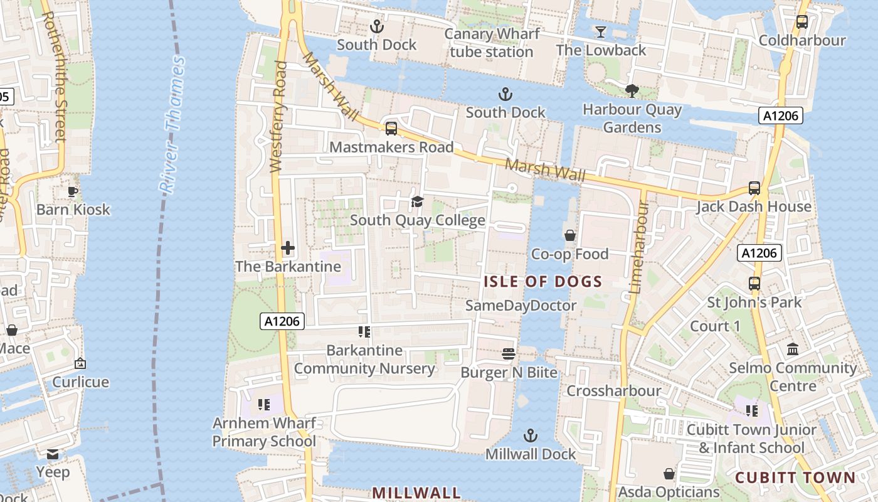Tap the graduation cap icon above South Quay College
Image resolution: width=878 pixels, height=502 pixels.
[x=417, y=201]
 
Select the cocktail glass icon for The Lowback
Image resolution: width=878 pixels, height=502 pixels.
[x=601, y=31]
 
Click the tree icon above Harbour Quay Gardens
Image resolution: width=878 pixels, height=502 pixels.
[x=632, y=91]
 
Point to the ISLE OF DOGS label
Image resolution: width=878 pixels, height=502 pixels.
[x=542, y=282]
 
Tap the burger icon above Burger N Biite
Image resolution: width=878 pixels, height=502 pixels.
[x=509, y=354]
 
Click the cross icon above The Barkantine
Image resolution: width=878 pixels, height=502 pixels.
[x=288, y=248]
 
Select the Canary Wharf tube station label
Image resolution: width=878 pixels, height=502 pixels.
[x=492, y=43]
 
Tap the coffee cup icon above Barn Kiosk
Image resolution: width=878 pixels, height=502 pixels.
[x=73, y=191]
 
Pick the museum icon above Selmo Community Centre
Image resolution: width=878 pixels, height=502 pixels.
[x=792, y=349]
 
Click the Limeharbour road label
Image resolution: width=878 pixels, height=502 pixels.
[x=638, y=248]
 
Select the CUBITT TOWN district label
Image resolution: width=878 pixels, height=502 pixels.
[x=795, y=478]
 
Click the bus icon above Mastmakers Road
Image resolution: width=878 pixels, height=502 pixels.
[x=391, y=129]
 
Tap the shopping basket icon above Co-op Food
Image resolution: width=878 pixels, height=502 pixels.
[x=569, y=236]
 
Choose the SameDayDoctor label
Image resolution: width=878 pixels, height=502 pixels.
[x=521, y=306]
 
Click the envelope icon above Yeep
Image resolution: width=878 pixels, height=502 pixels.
[x=53, y=454]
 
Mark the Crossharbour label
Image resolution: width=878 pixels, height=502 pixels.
[x=613, y=391]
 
